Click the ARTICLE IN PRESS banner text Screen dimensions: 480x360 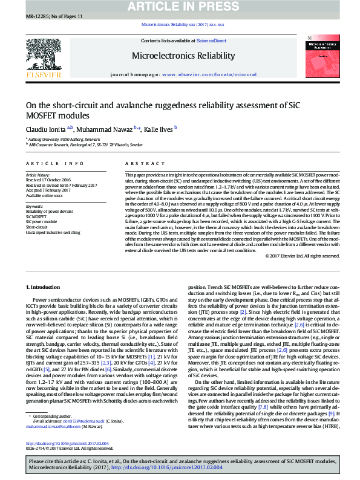[180, 7]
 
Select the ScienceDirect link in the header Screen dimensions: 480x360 [212, 41]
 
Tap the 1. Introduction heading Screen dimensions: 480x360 [46, 286]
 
